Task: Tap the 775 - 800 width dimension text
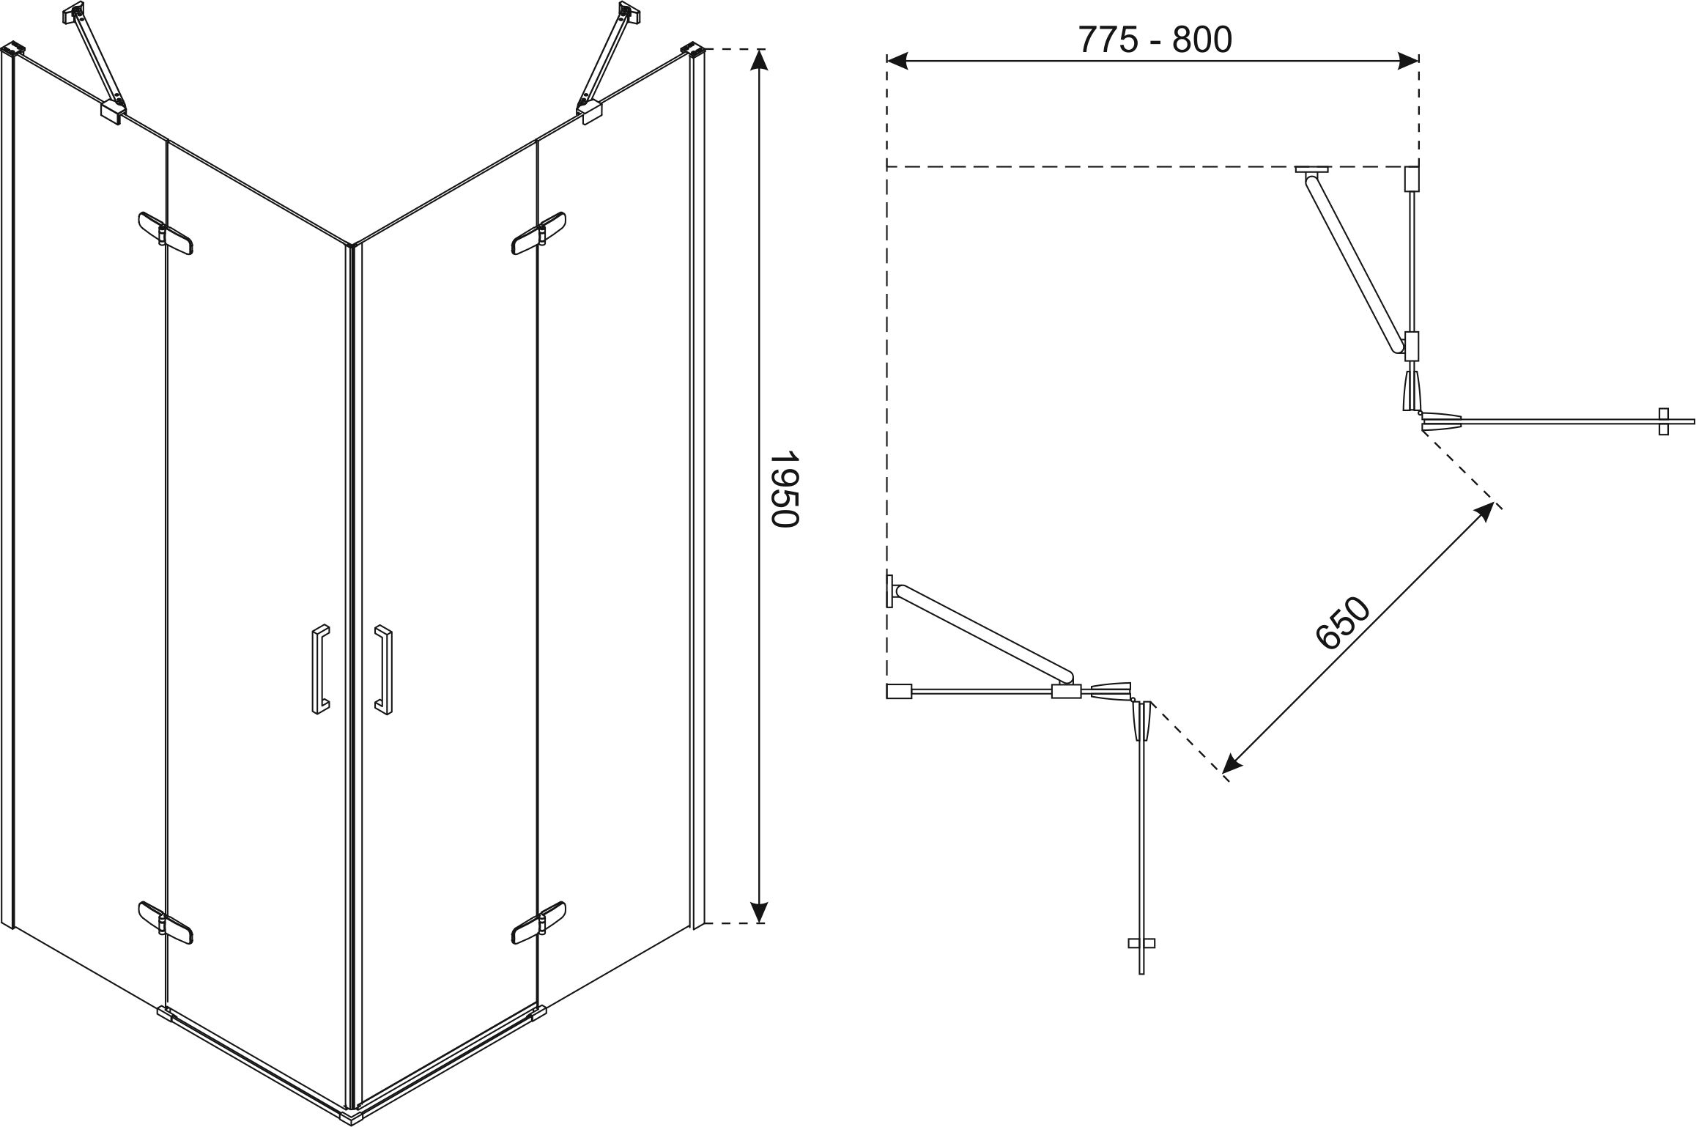[x=1155, y=40]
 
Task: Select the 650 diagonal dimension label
[x=1341, y=623]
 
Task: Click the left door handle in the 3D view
[x=320, y=669]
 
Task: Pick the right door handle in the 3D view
[x=383, y=669]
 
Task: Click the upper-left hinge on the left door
[x=166, y=234]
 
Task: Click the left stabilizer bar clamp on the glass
[x=112, y=111]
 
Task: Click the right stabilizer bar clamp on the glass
[x=592, y=111]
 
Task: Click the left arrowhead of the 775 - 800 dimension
[x=897, y=61]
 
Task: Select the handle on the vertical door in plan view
[x=1141, y=944]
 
